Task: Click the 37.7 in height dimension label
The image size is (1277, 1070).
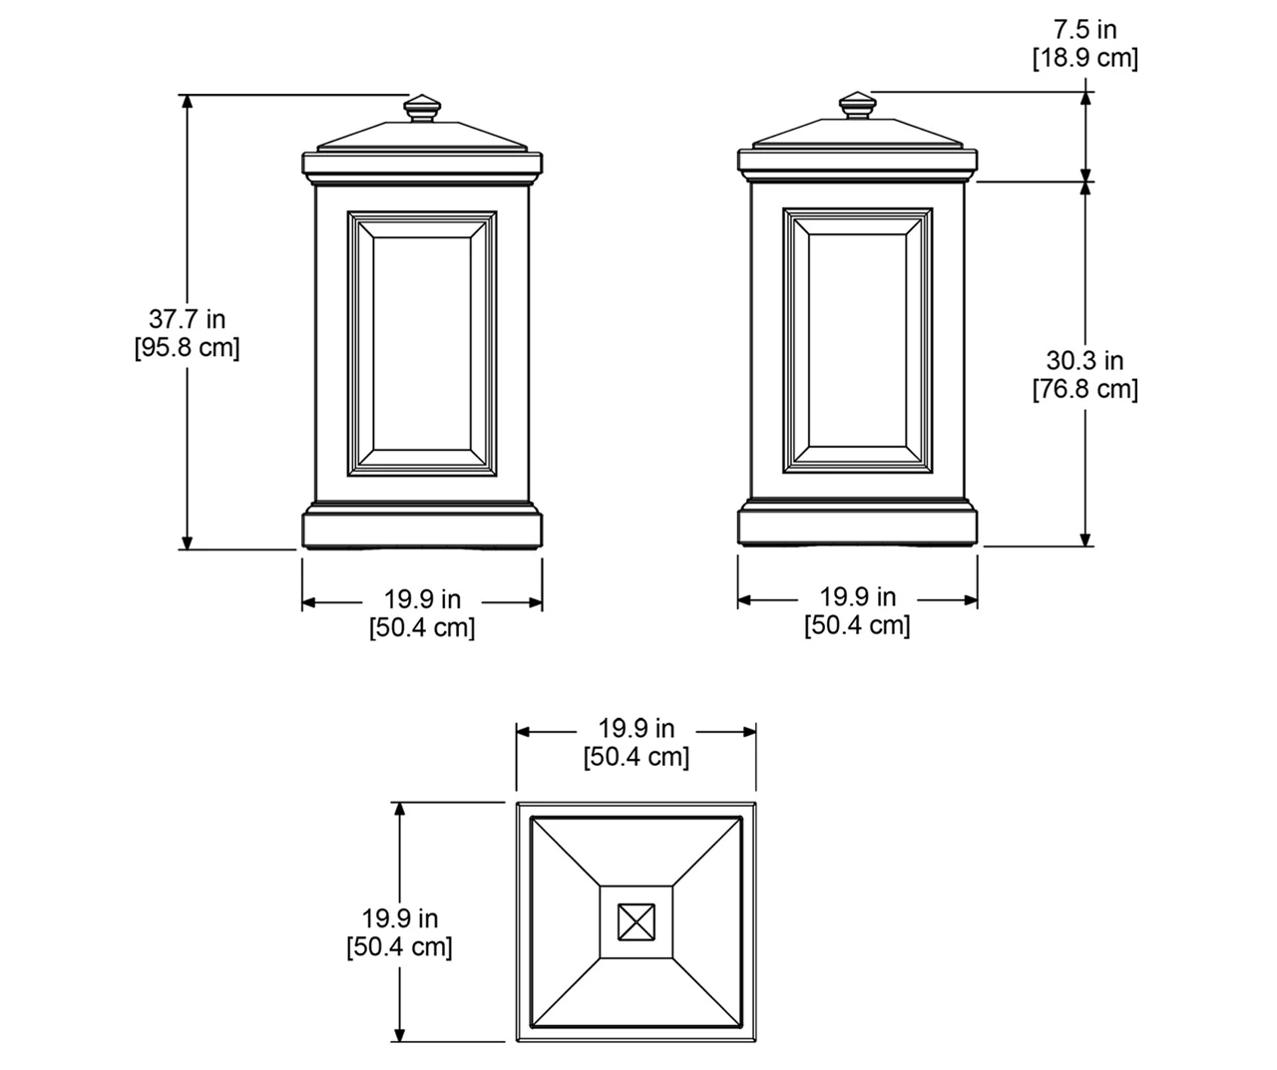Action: click(x=188, y=319)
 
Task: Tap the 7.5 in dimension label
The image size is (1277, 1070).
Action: click(x=1085, y=29)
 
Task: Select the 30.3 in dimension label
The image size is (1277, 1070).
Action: click(x=1085, y=361)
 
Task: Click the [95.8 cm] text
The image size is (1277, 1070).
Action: click(x=188, y=348)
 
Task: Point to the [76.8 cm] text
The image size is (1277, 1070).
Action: click(x=1085, y=390)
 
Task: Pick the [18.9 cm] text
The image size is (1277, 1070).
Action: click(x=1085, y=59)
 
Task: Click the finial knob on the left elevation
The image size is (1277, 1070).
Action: click(x=422, y=109)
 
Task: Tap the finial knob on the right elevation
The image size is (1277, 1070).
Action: click(x=857, y=105)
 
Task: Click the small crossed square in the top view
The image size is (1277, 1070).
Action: click(x=637, y=922)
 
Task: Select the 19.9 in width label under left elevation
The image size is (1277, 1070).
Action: click(x=422, y=599)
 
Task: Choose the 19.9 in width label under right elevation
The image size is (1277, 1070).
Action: click(x=857, y=596)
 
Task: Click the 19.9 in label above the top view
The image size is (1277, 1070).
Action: click(x=637, y=728)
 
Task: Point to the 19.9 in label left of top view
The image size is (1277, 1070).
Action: click(x=400, y=918)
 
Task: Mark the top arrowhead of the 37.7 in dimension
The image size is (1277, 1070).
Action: click(x=188, y=102)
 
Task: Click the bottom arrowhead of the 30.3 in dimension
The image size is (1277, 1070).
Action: click(x=1085, y=539)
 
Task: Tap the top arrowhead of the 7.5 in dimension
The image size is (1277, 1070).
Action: click(x=1085, y=99)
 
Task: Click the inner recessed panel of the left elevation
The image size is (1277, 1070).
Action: click(x=422, y=344)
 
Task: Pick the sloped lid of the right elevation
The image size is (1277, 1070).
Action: click(x=857, y=134)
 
